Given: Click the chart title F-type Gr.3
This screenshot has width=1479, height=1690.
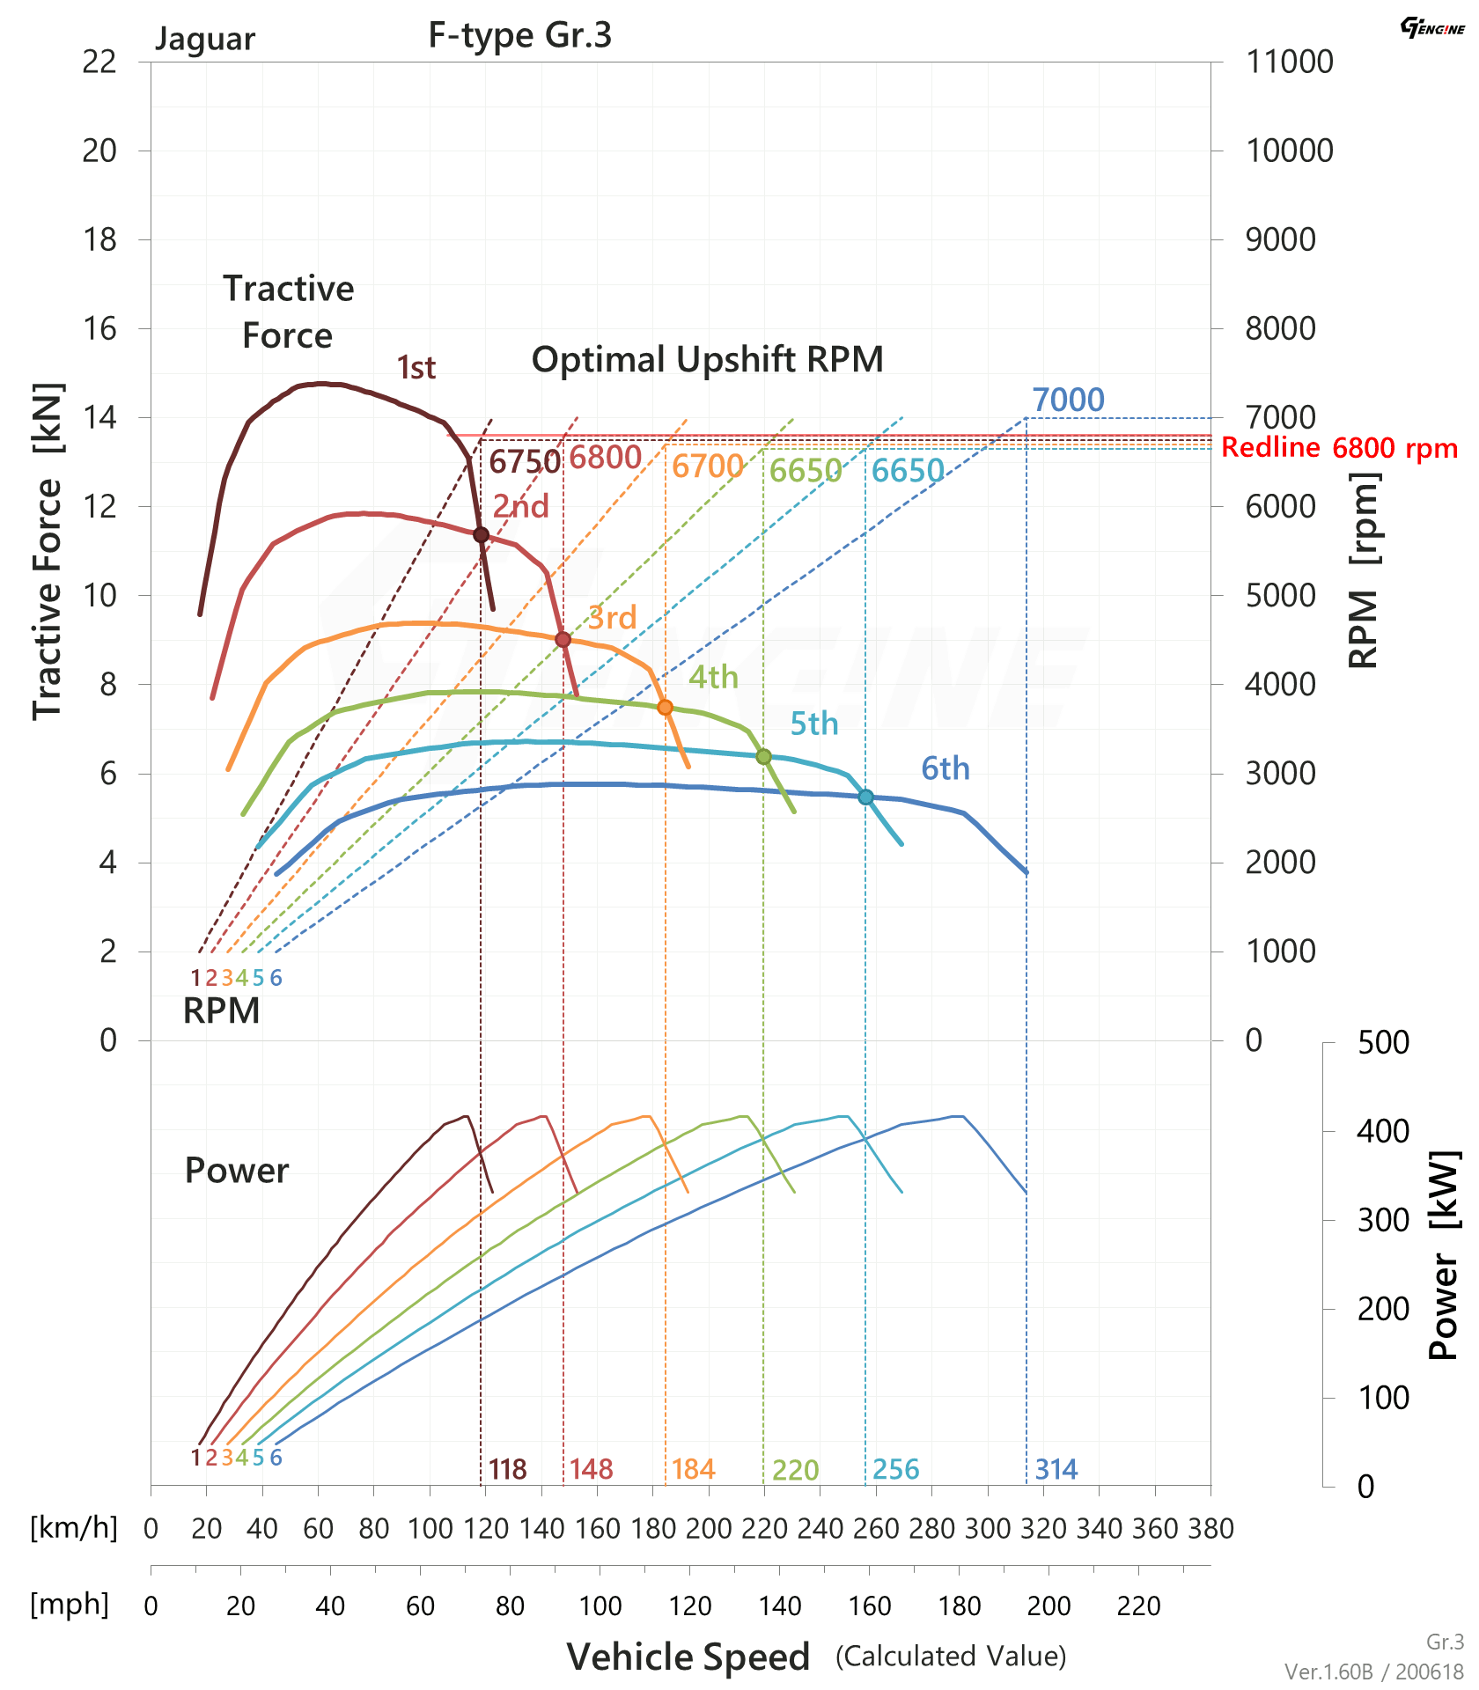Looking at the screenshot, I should coord(519,35).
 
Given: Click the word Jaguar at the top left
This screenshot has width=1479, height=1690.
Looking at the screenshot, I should coord(205,40).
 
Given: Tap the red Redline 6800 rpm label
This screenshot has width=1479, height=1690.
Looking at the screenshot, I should coord(1339,448).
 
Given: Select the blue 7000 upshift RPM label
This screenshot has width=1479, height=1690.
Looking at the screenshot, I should coord(1068,400).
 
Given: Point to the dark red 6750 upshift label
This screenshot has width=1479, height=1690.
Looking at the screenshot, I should coord(524,462).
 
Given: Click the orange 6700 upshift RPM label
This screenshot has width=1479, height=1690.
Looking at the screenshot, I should coord(708,467).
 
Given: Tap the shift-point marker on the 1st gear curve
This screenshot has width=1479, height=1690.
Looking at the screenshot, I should coord(481,535).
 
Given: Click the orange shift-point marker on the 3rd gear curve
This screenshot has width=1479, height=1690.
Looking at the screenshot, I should coord(665,708).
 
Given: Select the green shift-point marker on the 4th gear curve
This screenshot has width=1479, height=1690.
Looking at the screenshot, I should coord(763,757).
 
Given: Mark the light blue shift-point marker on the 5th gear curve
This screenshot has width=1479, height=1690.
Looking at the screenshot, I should coord(865,797).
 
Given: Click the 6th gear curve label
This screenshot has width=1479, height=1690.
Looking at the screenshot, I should coord(946,769).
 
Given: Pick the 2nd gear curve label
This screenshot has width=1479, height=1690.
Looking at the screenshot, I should coord(520,507).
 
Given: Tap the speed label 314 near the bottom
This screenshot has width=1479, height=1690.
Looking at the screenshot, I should coord(1056,1469).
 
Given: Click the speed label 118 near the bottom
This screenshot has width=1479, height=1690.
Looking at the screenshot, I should coord(508,1469).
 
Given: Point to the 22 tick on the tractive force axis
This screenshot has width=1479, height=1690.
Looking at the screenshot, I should coord(99,62).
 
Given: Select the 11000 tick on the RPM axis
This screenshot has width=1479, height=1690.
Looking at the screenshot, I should coord(1289,62).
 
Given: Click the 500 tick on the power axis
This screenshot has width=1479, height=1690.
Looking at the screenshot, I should coord(1383,1042).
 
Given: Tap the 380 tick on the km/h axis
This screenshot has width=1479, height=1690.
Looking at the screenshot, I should coord(1210,1529).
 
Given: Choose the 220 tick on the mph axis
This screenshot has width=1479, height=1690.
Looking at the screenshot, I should coord(1138,1606).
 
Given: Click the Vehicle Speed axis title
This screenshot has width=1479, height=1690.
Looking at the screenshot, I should coord(688,1657).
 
